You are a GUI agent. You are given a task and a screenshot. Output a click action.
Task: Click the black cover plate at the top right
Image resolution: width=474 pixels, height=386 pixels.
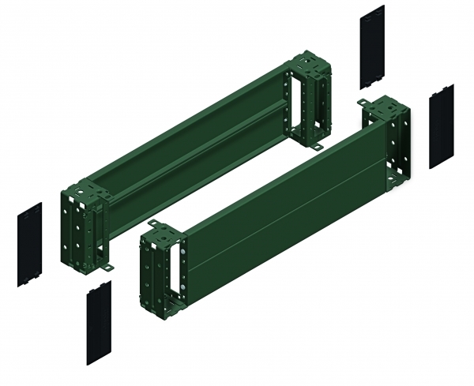(x=372, y=47)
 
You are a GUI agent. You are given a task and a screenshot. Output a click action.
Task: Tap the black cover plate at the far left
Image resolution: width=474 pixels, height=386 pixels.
(x=30, y=245)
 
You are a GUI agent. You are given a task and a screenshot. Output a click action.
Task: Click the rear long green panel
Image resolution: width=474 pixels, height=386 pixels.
(x=190, y=134)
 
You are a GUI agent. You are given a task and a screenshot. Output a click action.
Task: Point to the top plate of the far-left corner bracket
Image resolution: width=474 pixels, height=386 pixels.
(x=82, y=192)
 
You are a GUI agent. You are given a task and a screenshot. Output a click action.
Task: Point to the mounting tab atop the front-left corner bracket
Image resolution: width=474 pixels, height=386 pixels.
(x=152, y=226)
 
